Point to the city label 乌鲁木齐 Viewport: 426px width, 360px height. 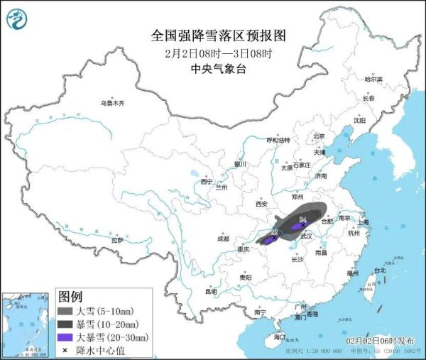point(112,103)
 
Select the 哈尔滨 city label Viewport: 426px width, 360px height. point(373,79)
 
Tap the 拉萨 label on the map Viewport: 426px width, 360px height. point(117,240)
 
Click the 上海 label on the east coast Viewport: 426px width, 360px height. point(364,222)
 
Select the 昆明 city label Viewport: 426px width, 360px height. point(211,290)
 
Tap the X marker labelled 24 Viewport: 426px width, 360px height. point(303,226)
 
